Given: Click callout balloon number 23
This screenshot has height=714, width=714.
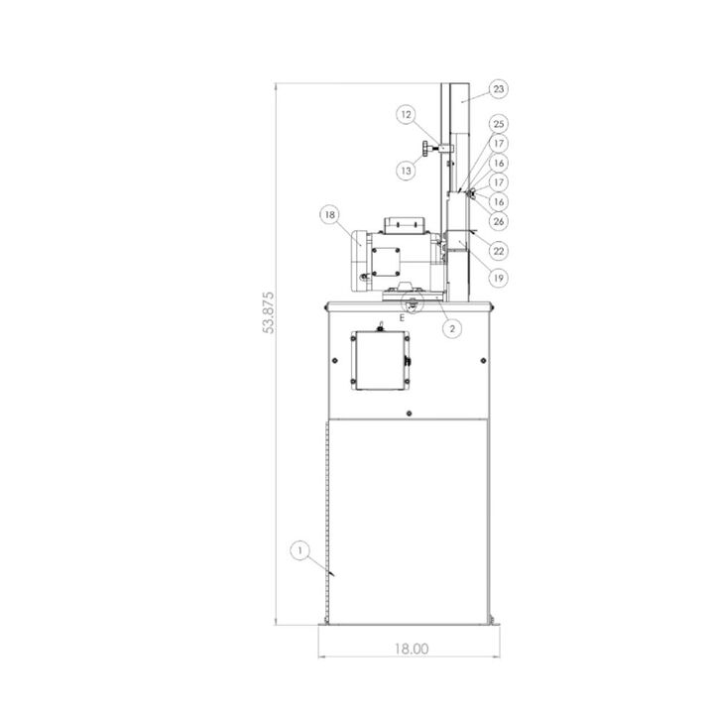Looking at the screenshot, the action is [499, 89].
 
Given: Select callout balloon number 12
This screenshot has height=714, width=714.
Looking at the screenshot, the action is [407, 115].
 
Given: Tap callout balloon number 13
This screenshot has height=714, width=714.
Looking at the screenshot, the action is [406, 171].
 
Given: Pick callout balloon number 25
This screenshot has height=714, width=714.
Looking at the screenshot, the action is [499, 124].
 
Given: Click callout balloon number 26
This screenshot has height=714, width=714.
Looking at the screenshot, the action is [499, 221].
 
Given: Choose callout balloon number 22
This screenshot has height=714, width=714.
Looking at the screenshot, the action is [499, 251].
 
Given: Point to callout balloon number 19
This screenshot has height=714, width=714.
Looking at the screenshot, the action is [499, 278].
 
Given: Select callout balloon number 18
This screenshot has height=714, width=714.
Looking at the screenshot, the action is [329, 214].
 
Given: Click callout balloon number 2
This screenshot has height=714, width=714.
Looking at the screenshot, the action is [452, 328].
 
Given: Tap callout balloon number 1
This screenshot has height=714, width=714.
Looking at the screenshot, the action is [300, 551].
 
